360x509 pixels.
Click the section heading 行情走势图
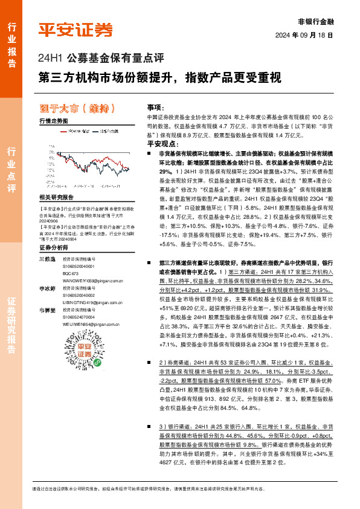(x=53, y=121)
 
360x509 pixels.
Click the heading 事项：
(x=155, y=106)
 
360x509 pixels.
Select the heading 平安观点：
(x=162, y=144)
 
